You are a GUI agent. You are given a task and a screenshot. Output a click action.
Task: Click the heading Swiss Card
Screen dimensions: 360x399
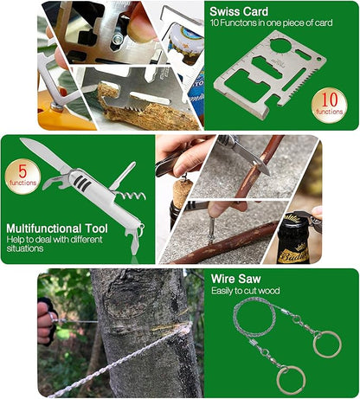(x=239, y=11)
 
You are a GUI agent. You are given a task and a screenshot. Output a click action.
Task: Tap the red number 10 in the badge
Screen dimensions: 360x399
(x=329, y=100)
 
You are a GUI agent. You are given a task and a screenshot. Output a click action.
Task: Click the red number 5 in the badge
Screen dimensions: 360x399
(x=22, y=171)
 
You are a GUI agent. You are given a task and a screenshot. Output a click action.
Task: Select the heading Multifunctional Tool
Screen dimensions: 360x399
(x=57, y=228)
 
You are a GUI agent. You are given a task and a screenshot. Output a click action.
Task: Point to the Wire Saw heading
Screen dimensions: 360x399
(x=235, y=279)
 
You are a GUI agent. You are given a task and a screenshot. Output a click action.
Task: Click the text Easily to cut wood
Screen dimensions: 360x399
(x=246, y=291)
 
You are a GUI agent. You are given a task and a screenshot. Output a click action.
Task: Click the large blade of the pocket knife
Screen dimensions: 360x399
(x=45, y=154)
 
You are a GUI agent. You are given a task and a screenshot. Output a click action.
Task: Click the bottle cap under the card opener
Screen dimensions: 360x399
(x=183, y=41)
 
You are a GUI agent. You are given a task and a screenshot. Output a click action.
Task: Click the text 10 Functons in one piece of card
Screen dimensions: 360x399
(x=271, y=23)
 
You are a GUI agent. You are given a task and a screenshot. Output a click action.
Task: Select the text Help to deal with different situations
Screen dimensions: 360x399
(x=55, y=244)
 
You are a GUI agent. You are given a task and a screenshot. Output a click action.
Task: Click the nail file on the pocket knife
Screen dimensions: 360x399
(x=123, y=176)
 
